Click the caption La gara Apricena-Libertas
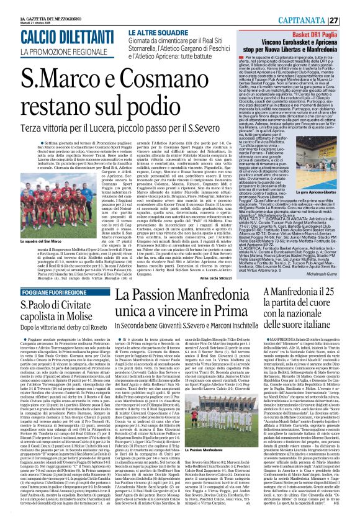335,184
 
